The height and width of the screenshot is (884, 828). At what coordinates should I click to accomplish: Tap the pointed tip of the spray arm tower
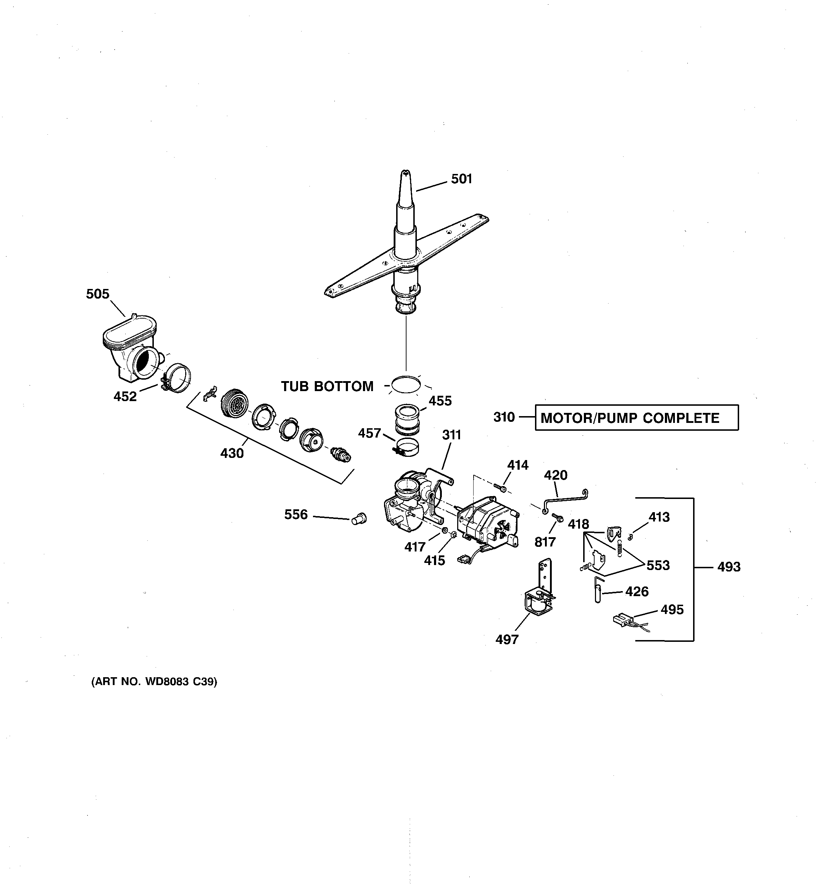point(406,173)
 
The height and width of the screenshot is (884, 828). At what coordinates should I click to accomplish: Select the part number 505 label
point(97,294)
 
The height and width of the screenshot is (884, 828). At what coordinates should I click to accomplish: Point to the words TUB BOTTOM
point(327,386)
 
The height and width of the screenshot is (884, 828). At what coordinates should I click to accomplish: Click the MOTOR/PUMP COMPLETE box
point(636,418)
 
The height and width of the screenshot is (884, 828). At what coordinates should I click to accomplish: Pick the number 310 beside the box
point(504,417)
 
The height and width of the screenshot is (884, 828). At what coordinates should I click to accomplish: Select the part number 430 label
point(232,453)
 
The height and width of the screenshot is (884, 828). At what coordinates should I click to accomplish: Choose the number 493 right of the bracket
point(728,566)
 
